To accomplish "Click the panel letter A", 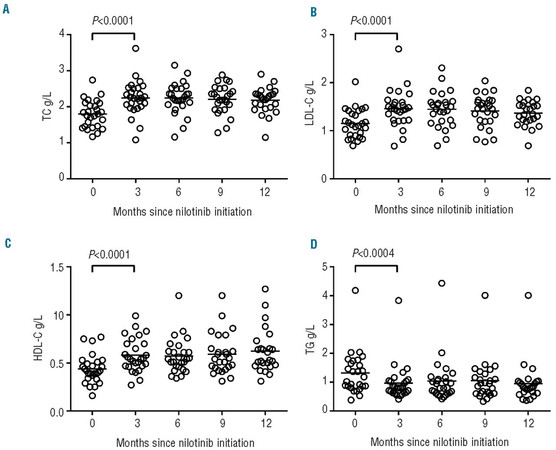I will click(6, 9).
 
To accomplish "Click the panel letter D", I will click(313, 245).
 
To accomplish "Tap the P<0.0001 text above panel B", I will click(371, 20).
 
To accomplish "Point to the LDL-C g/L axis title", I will click(310, 106).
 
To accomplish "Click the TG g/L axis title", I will click(310, 338).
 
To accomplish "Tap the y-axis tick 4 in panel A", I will click(62, 34).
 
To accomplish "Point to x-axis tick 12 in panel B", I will click(530, 192).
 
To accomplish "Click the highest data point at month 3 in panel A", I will click(136, 48).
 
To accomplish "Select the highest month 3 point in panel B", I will click(398, 49).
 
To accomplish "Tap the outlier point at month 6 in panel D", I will click(441, 283).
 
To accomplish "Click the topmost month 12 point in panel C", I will click(265, 289).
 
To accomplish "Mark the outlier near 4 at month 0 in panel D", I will click(355, 290).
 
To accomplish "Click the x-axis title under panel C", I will click(185, 443).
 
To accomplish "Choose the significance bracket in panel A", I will click(113, 34).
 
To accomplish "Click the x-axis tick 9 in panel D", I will click(485, 423).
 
